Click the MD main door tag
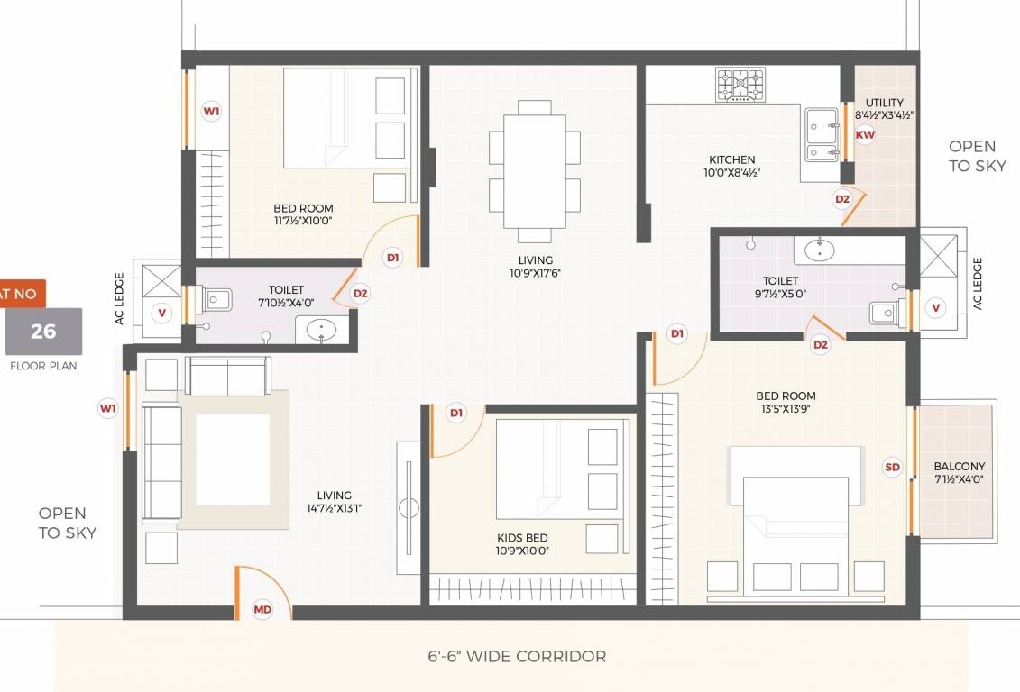click(x=262, y=610)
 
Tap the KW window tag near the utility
click(x=865, y=135)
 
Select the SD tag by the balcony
click(x=892, y=467)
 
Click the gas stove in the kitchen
click(x=740, y=85)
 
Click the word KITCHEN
click(x=731, y=159)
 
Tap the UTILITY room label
click(x=884, y=103)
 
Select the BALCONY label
click(x=959, y=467)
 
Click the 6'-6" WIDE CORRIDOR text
click(x=517, y=656)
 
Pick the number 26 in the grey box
click(x=43, y=331)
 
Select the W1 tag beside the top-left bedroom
click(x=211, y=112)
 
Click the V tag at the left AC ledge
click(x=162, y=313)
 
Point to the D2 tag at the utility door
click(x=841, y=199)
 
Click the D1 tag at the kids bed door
click(x=456, y=413)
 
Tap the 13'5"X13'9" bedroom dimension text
click(x=786, y=409)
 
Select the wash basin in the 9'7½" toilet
click(x=818, y=250)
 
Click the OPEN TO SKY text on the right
click(x=972, y=156)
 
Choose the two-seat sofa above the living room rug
click(x=227, y=377)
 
